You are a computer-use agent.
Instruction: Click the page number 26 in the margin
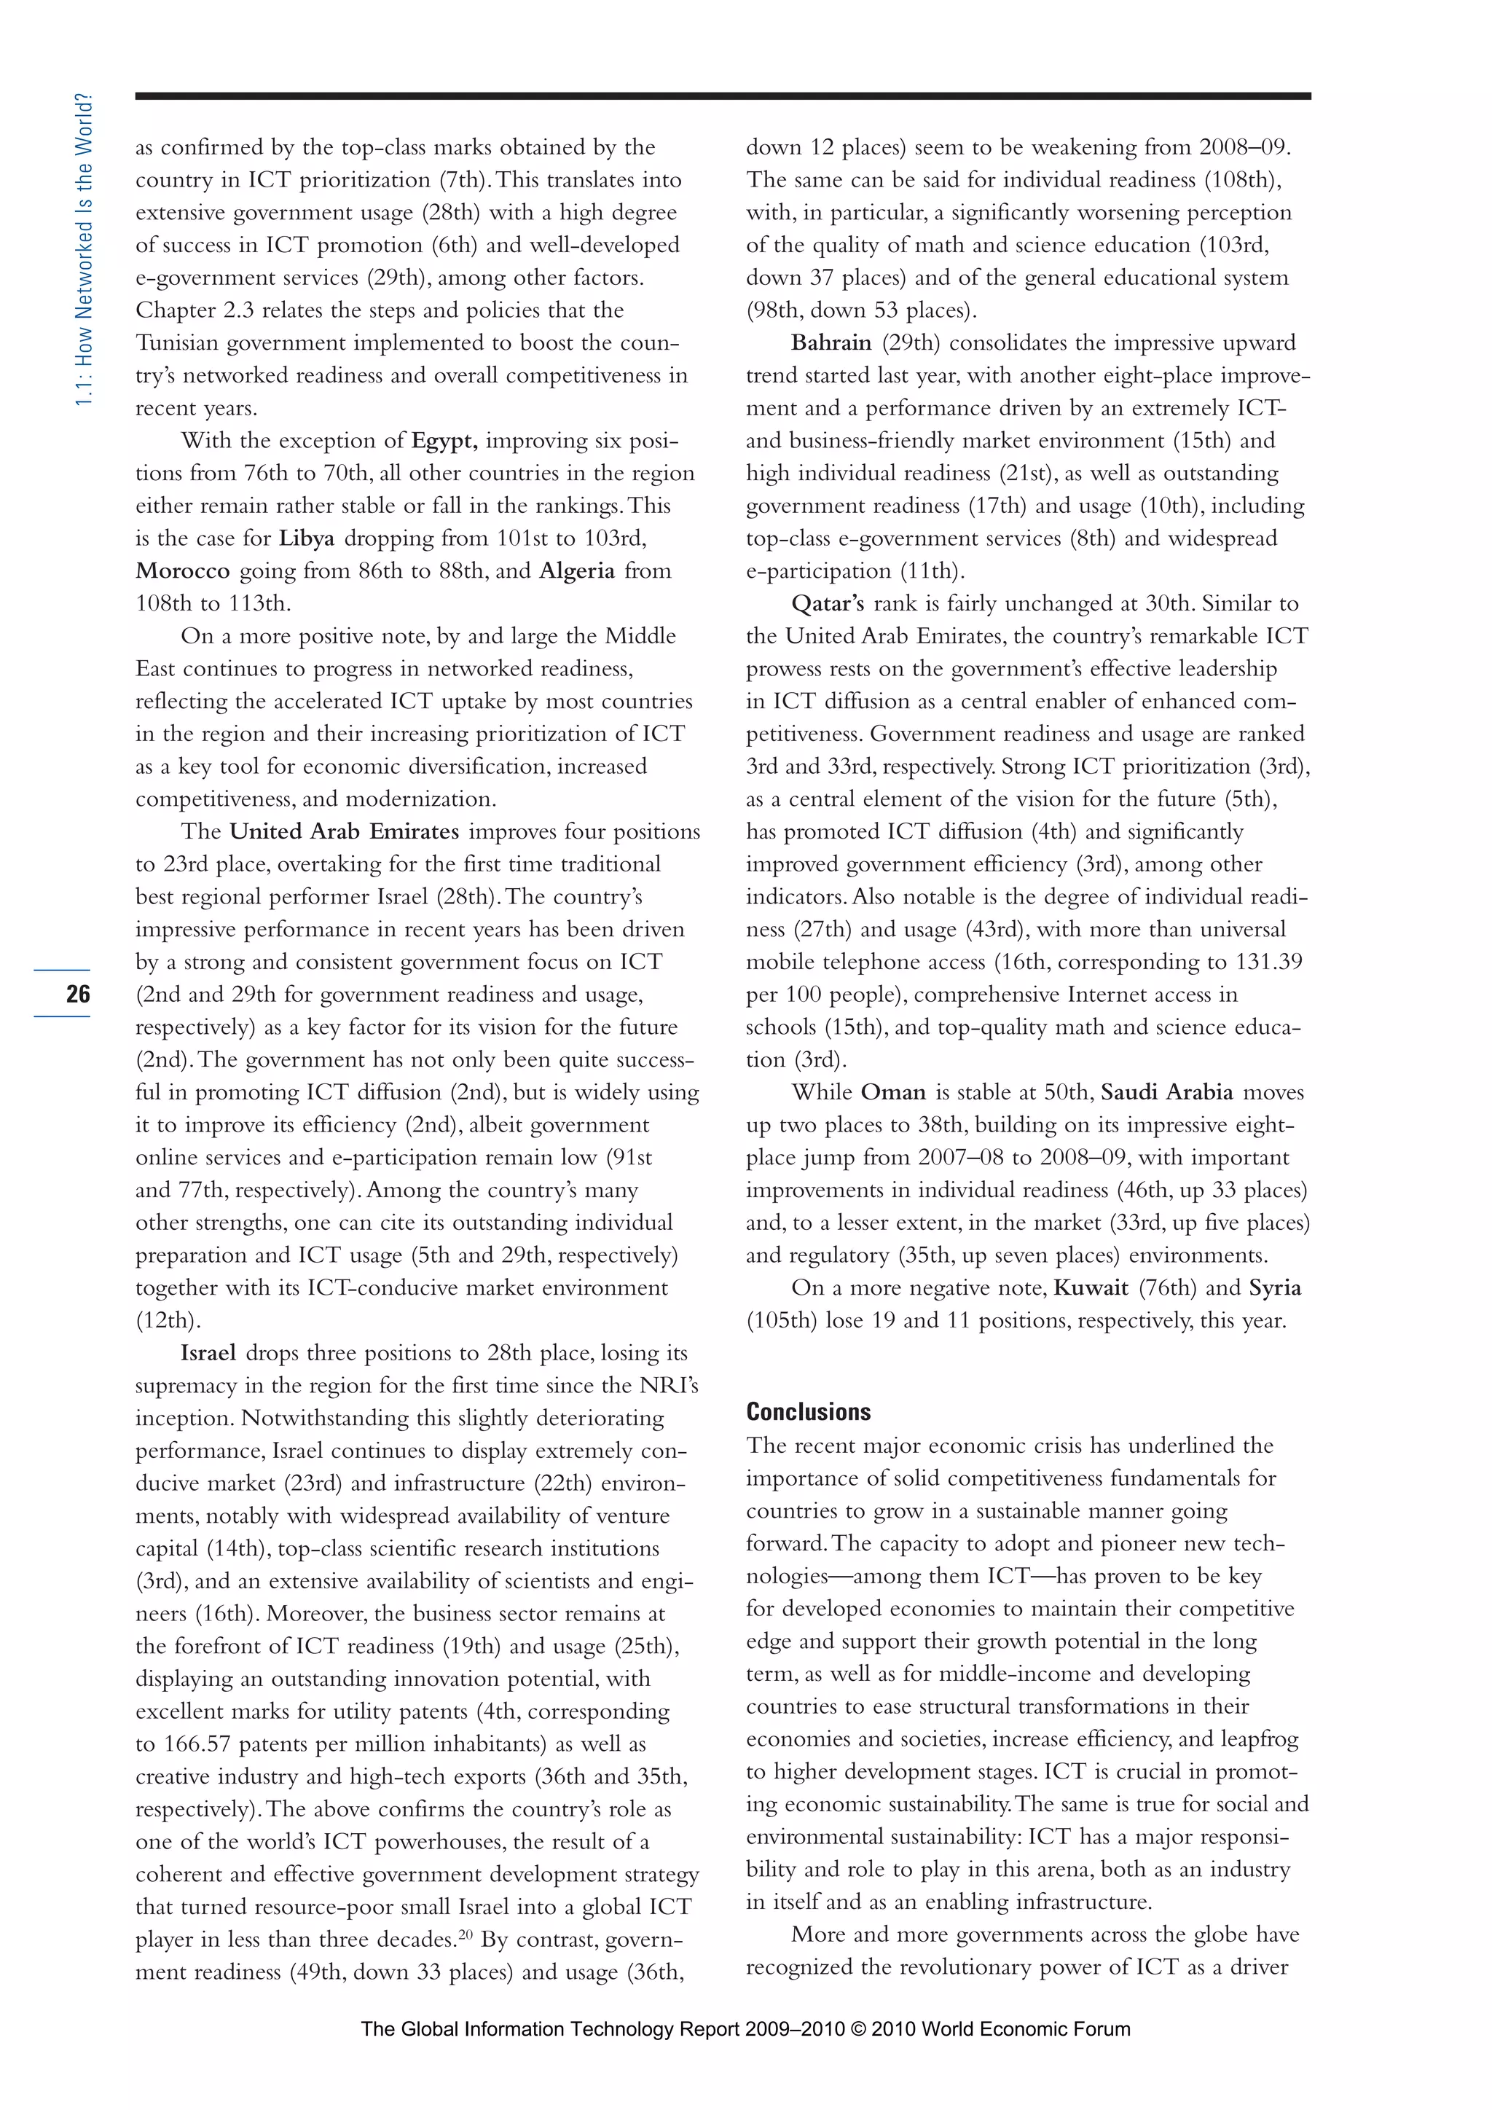pyautogui.click(x=78, y=993)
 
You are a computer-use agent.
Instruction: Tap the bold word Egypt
pyautogui.click(x=444, y=440)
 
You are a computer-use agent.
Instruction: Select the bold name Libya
pyautogui.click(x=307, y=538)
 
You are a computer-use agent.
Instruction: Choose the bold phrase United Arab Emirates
pyautogui.click(x=344, y=831)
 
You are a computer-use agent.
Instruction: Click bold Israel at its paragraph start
pyautogui.click(x=208, y=1353)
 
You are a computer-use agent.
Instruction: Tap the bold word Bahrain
pyautogui.click(x=831, y=342)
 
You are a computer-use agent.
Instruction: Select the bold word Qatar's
pyautogui.click(x=828, y=604)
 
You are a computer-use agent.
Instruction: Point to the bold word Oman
pyautogui.click(x=893, y=1093)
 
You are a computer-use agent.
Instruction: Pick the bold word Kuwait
pyautogui.click(x=1091, y=1287)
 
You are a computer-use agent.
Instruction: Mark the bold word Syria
pyautogui.click(x=1274, y=1287)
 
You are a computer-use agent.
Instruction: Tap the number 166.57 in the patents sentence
pyautogui.click(x=197, y=1744)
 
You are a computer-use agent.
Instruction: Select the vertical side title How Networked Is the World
pyautogui.click(x=84, y=249)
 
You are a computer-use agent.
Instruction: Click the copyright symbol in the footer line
pyautogui.click(x=858, y=2029)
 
